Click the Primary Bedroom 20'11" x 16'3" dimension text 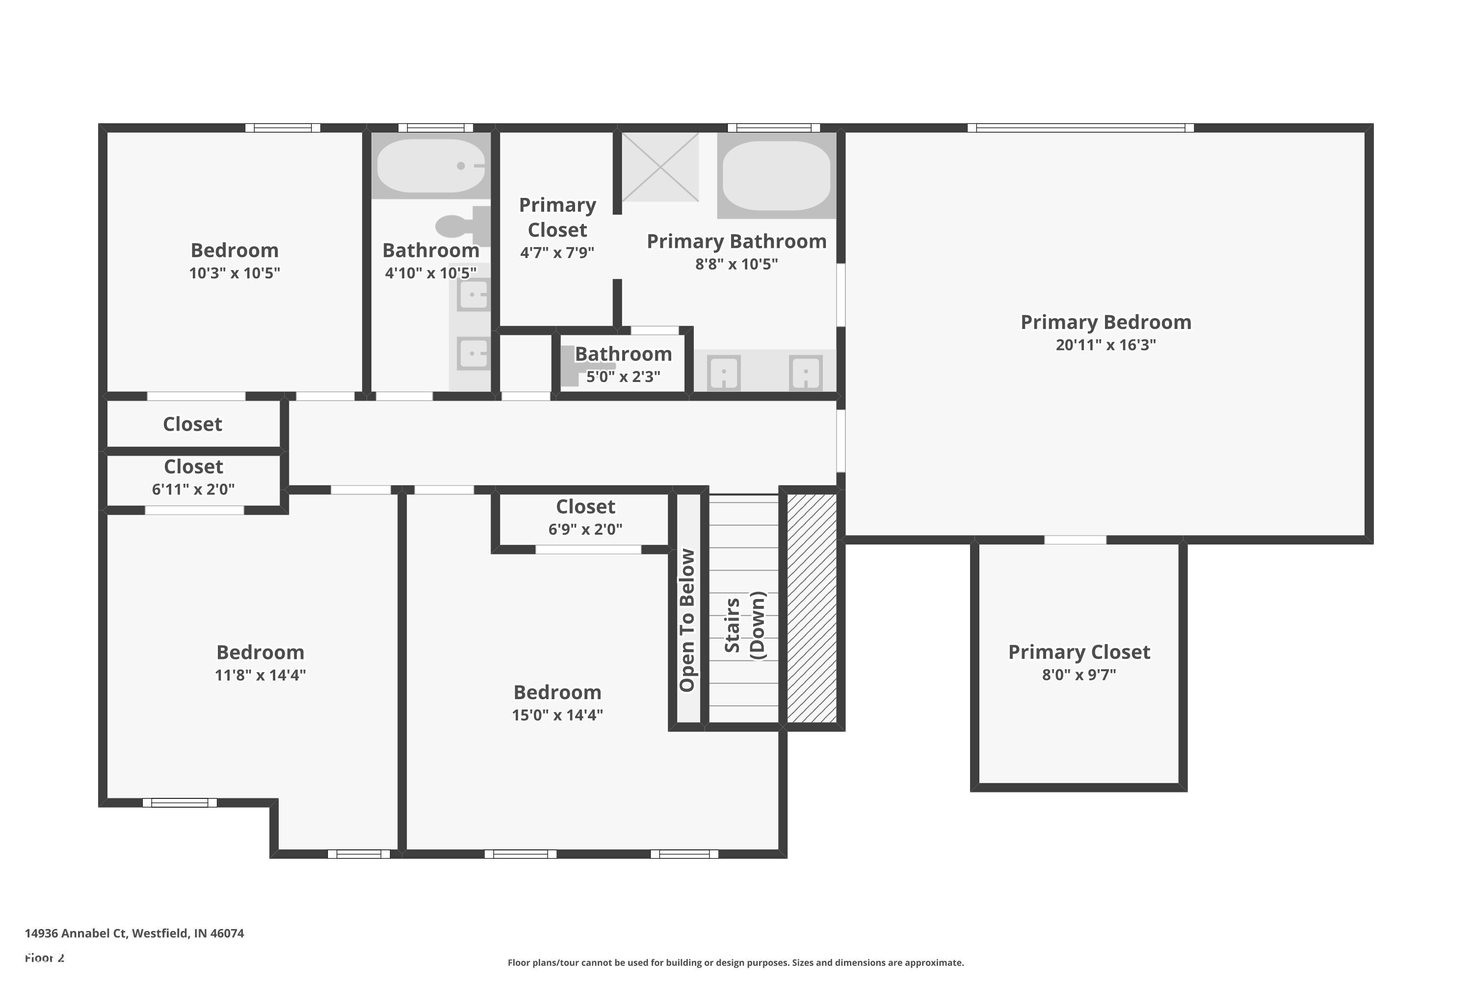click(1105, 345)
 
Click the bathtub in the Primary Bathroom click(776, 175)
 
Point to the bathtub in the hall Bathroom click(431, 166)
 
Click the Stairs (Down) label click(744, 625)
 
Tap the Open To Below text click(687, 620)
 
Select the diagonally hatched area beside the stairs click(811, 607)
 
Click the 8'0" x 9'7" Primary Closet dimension click(1079, 675)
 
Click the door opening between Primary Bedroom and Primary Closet click(1075, 540)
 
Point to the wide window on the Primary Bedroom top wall click(1080, 128)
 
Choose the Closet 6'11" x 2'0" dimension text click(193, 490)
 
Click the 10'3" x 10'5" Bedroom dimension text click(234, 273)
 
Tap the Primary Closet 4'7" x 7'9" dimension click(557, 253)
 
